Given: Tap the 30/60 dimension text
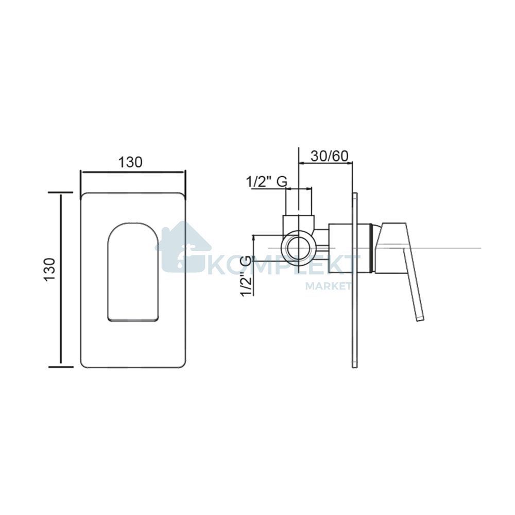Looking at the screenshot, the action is point(329,156).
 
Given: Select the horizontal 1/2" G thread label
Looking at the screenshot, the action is point(267,182).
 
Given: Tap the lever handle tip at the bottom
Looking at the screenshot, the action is point(420,318).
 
